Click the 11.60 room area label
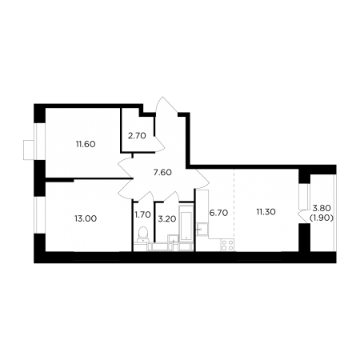tap(86, 144)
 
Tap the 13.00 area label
tap(86, 218)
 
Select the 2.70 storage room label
tap(137, 136)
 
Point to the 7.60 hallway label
tap(162, 172)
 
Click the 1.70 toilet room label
tap(143, 214)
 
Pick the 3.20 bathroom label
tap(167, 218)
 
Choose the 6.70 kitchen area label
tap(218, 213)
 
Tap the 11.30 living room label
tap(266, 212)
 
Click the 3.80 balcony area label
tap(322, 207)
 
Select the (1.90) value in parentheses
tap(322, 218)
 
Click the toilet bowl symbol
tap(143, 234)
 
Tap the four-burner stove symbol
tap(227, 245)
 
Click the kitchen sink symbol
tap(202, 229)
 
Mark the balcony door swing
tap(303, 216)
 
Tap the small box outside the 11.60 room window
tap(29, 150)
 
